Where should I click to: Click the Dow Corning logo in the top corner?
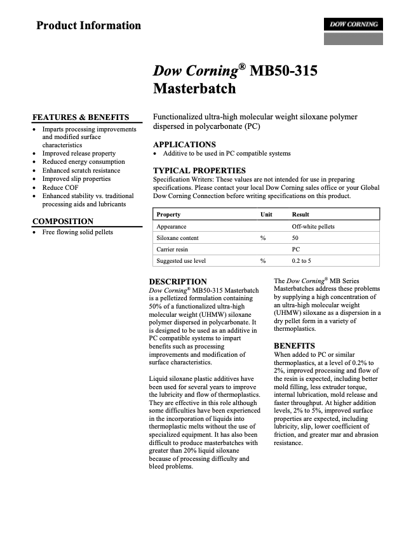click(x=353, y=25)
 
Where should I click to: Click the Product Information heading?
click(x=88, y=26)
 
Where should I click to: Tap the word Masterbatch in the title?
click(x=194, y=89)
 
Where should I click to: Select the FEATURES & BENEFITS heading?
click(x=81, y=117)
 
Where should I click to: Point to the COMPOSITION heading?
click(x=63, y=222)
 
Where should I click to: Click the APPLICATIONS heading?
click(x=184, y=145)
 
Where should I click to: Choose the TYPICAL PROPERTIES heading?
click(x=199, y=171)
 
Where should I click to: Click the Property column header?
click(x=168, y=215)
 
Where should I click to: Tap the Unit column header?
click(x=266, y=215)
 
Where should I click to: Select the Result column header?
click(x=300, y=215)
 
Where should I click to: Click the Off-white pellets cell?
click(x=313, y=227)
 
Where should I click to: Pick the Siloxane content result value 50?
click(x=295, y=238)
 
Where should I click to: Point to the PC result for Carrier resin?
click(x=295, y=250)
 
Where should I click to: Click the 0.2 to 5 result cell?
click(x=301, y=261)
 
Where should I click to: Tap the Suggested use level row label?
click(x=181, y=261)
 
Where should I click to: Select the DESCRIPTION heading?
click(x=178, y=282)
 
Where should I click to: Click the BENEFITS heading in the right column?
click(x=295, y=346)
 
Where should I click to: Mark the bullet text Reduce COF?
click(x=61, y=188)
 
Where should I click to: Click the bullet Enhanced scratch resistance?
click(x=81, y=171)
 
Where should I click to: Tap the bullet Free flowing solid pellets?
click(x=77, y=232)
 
